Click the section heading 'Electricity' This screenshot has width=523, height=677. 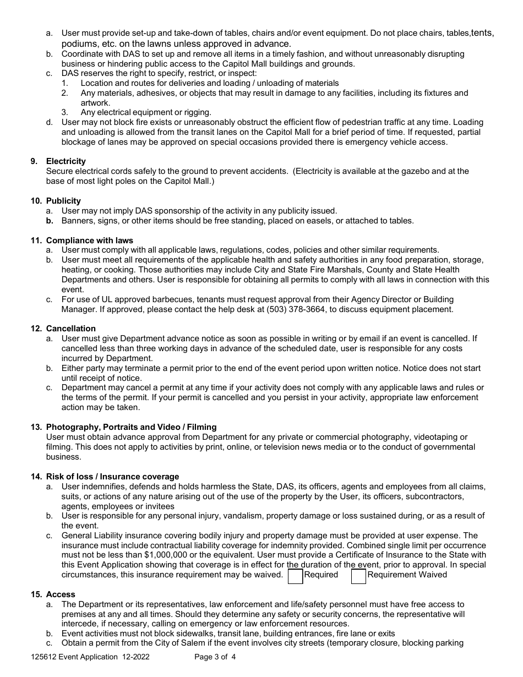(x=66, y=161)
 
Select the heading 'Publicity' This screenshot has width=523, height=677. (x=63, y=201)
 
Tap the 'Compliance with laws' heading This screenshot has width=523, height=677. (x=89, y=241)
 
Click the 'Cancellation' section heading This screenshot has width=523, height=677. (x=70, y=329)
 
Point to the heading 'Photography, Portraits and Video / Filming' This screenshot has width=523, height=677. (x=131, y=427)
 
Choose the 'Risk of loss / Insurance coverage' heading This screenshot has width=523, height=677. (x=112, y=477)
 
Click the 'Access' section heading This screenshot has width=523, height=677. (x=61, y=594)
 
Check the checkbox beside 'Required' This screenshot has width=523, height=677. (x=296, y=576)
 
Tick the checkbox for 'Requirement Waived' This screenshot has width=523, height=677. (x=358, y=576)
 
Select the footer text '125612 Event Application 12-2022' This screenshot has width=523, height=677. (x=90, y=657)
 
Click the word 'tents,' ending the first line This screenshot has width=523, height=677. (x=482, y=33)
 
